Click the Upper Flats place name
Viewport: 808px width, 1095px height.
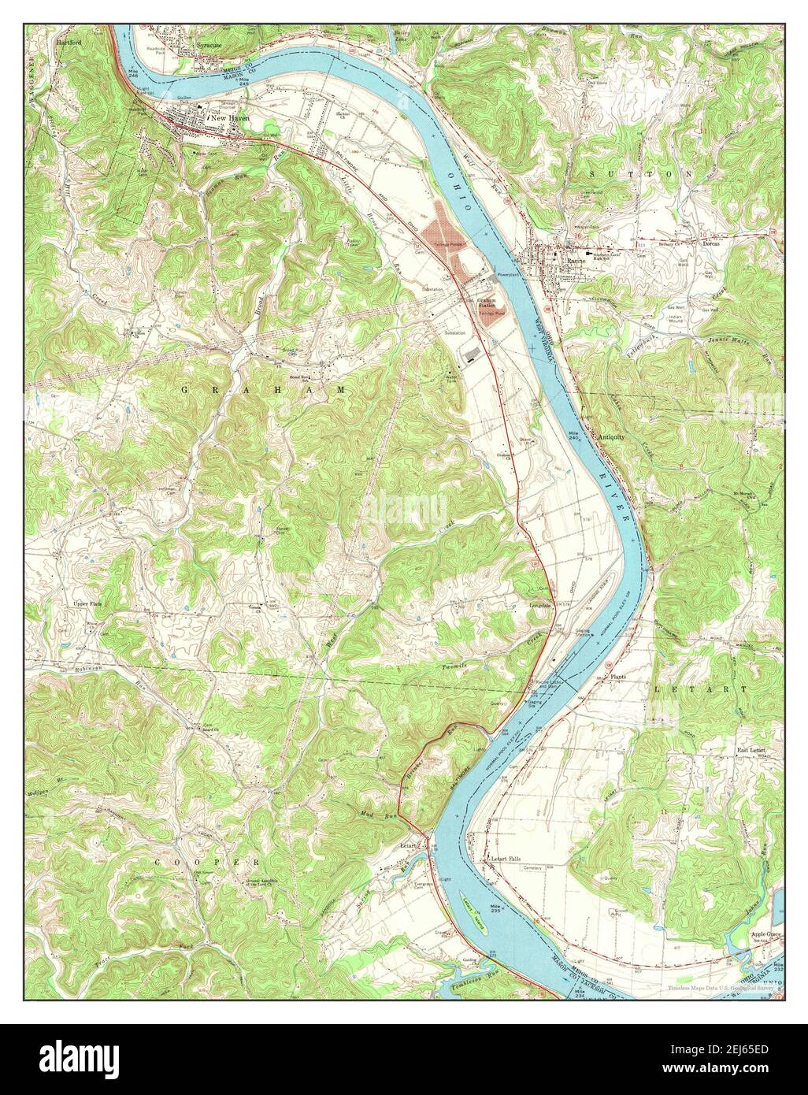88,604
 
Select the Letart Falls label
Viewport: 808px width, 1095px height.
501,858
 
